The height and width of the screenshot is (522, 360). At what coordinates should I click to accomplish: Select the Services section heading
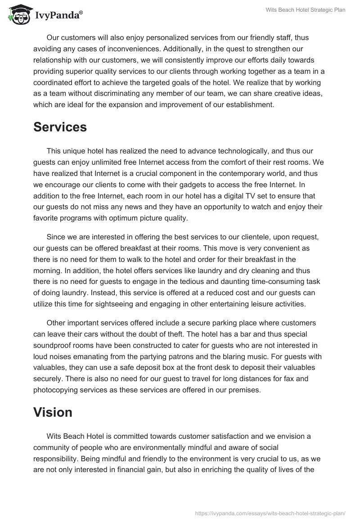pos(60,127)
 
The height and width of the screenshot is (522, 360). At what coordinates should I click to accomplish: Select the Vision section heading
pos(53,413)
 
